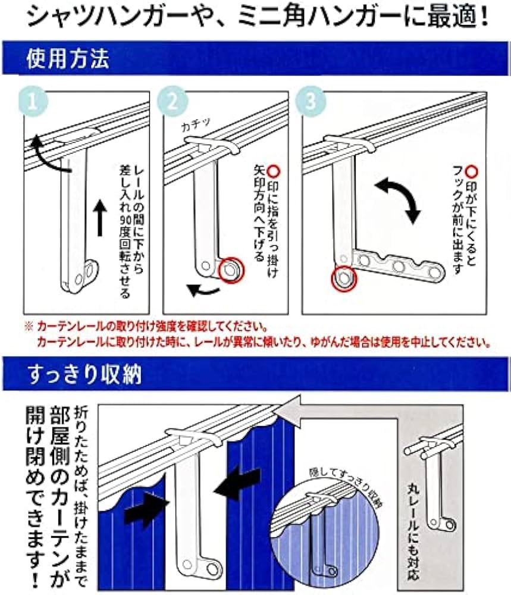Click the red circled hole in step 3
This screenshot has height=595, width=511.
coord(344,278)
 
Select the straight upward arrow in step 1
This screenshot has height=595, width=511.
coord(99,217)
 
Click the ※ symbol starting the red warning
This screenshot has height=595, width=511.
coord(28,327)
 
